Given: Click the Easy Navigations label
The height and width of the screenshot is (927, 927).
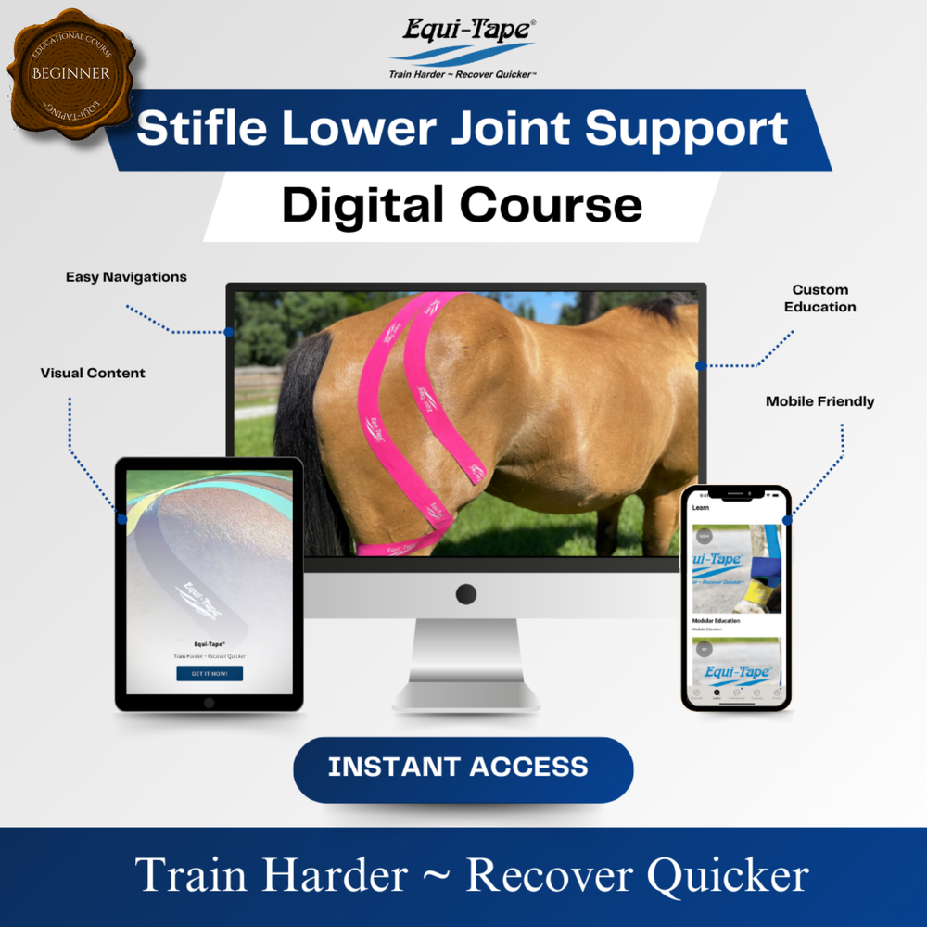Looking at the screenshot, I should coord(126,276).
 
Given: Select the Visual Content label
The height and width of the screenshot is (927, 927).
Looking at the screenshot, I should coord(93,373).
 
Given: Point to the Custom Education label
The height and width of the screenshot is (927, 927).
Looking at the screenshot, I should coord(819,298).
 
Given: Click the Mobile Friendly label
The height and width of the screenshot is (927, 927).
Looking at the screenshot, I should coord(819,401).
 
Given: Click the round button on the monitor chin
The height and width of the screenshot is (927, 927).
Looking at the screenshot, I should coord(466,594).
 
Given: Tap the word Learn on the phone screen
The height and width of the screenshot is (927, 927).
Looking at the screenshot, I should coord(701,507).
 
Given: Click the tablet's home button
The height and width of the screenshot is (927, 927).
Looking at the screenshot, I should coord(209,702).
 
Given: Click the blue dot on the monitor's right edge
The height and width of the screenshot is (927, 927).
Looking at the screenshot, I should coord(701,366).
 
